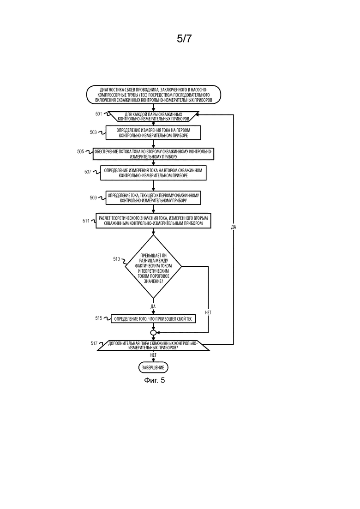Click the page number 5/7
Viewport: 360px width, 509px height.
[x=184, y=39]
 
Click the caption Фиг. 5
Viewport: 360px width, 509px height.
[x=155, y=380]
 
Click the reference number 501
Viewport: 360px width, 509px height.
[x=99, y=114]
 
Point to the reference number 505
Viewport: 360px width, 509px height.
[x=80, y=152]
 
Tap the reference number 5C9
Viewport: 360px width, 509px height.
[x=94, y=198]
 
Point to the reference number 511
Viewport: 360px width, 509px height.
[x=86, y=221]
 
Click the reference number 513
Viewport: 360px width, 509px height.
[x=116, y=259]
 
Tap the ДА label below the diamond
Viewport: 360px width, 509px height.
[x=153, y=306]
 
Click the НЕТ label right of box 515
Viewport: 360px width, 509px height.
[x=208, y=312]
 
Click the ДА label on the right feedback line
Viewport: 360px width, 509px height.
[x=234, y=227]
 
